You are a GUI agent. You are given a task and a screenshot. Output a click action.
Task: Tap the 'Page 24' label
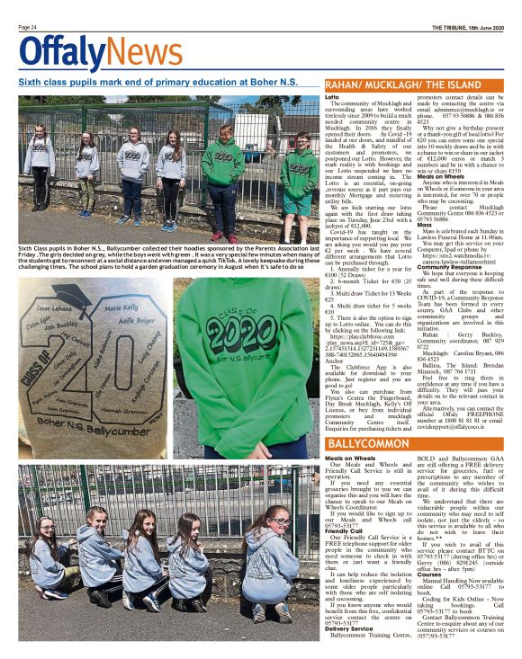[27, 28]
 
